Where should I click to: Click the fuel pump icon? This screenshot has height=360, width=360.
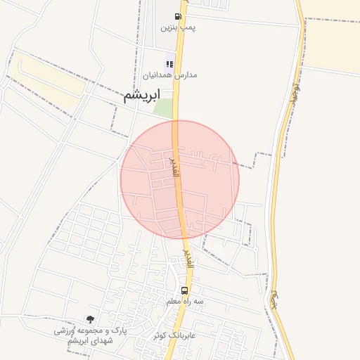click(x=177, y=16)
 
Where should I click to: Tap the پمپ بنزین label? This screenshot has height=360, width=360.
click(x=176, y=28)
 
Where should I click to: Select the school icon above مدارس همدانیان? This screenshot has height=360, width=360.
click(x=170, y=64)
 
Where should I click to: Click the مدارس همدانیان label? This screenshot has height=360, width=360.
click(x=170, y=75)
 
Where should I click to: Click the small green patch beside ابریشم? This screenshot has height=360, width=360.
click(x=163, y=108)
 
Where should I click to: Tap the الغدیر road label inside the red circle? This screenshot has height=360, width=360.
click(x=174, y=167)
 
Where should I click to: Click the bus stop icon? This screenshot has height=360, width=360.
click(x=185, y=290)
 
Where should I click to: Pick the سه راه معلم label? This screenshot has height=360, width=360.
click(x=185, y=301)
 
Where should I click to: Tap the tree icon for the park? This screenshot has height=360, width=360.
click(x=89, y=319)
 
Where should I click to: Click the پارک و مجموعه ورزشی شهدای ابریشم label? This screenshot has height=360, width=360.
click(x=91, y=335)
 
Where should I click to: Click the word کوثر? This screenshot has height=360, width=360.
click(x=162, y=335)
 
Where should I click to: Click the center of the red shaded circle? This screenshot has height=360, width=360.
click(x=180, y=180)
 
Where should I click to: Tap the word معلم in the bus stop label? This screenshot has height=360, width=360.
click(x=175, y=301)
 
